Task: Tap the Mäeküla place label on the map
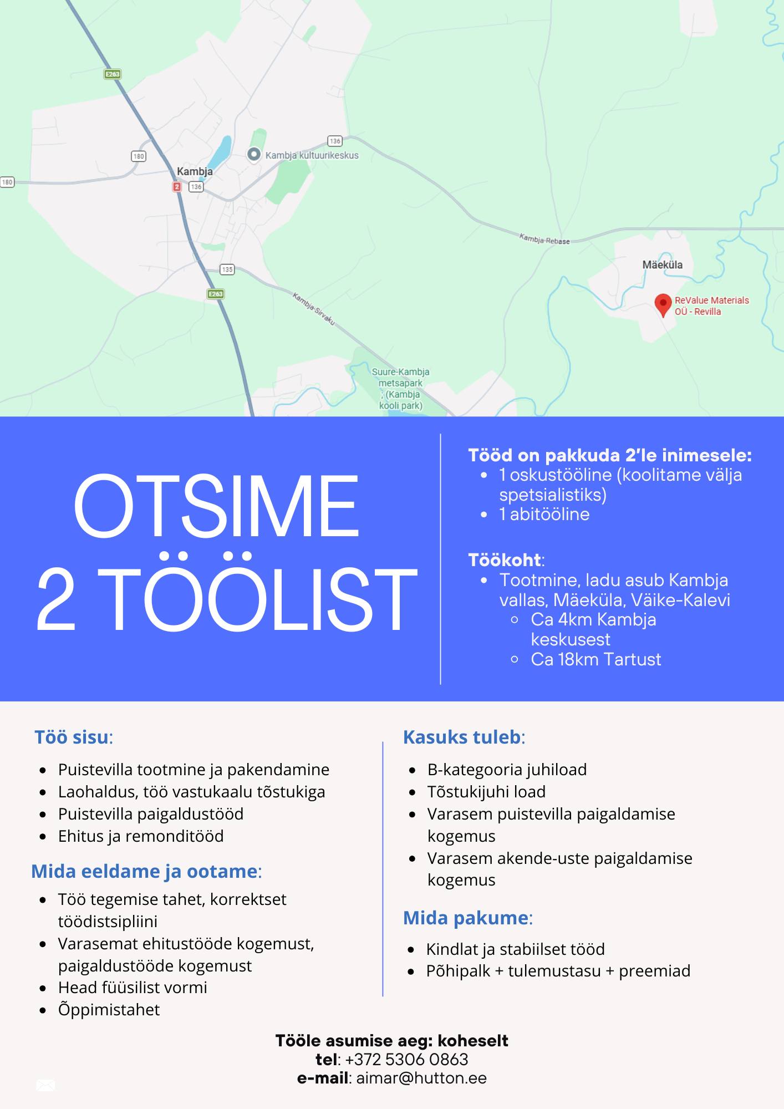(662, 265)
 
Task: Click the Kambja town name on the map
(195, 171)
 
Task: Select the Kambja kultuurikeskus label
(312, 155)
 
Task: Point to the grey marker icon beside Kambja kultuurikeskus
(253, 154)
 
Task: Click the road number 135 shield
(227, 269)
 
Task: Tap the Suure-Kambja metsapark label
(400, 388)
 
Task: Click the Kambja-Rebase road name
(544, 239)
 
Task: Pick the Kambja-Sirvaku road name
(314, 309)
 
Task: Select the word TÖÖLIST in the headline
(257, 599)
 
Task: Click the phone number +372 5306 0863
(406, 1060)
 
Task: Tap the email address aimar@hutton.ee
(421, 1078)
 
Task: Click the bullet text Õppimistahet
(109, 1010)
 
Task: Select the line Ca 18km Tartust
(595, 659)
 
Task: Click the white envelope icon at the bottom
(45, 1085)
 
